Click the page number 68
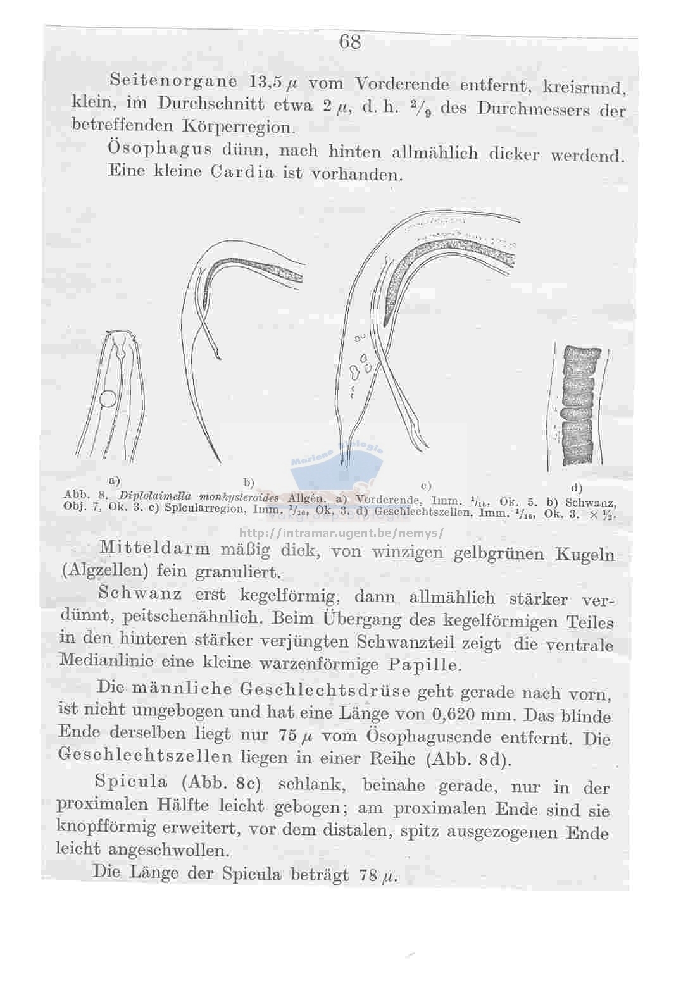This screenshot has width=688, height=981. tap(349, 42)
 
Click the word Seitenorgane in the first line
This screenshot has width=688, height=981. tap(173, 80)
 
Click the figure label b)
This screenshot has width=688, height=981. tap(249, 483)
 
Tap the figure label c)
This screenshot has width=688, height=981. tap(425, 485)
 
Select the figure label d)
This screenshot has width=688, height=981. tap(576, 488)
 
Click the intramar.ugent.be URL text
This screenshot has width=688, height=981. tap(342, 533)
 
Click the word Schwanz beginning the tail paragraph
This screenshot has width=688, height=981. tap(140, 593)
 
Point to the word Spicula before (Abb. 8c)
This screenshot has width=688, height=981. tap(130, 782)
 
